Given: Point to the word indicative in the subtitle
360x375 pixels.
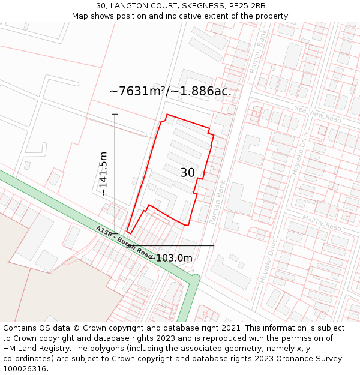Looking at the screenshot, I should point(191,16).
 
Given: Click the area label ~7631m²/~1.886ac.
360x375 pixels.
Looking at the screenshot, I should point(170,91).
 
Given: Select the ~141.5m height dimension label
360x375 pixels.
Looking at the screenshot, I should point(103,173).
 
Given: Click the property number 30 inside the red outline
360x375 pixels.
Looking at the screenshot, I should point(187,173).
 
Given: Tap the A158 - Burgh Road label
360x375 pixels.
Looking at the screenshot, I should point(125,242).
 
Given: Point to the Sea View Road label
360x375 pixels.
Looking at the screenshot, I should point(317,115).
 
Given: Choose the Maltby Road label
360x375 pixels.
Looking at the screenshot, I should point(322,223).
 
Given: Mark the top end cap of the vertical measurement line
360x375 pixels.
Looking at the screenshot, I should point(115,114).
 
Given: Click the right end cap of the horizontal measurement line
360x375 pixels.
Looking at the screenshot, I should point(214,245).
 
